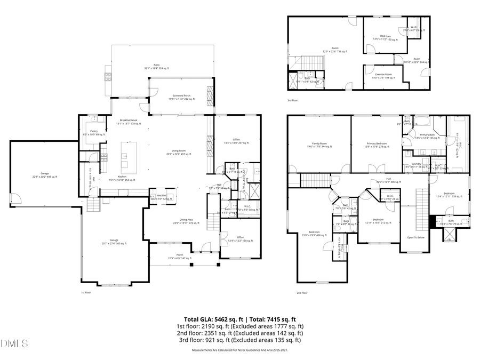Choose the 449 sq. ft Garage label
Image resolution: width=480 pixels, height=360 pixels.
(45, 175)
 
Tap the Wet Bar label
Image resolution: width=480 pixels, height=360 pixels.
(160, 197)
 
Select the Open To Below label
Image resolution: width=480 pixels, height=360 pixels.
(415, 237)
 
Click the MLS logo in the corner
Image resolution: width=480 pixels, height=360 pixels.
(14, 343)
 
